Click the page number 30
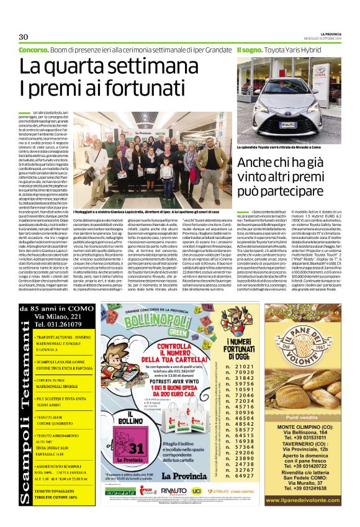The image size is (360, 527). coord(24,36)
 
